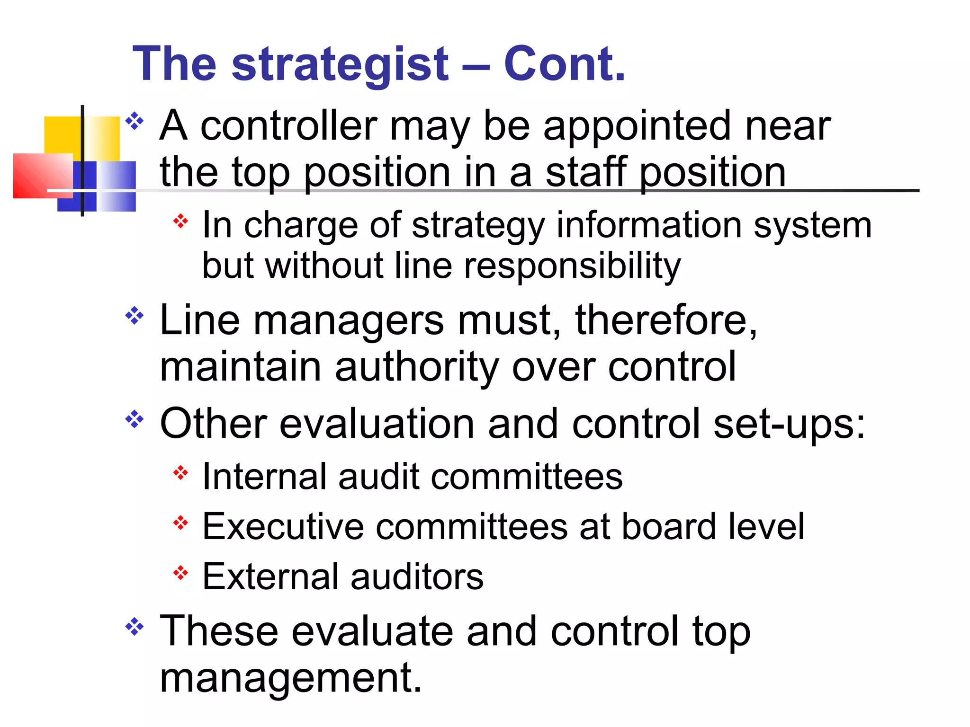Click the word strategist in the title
(340, 64)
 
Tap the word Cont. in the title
(564, 64)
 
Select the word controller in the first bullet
(289, 126)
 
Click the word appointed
(638, 127)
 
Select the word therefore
(665, 321)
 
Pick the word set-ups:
(789, 424)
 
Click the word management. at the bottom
(290, 678)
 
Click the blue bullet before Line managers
(135, 316)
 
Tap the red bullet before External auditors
(180, 573)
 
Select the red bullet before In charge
(180, 221)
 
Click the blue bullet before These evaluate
(135, 627)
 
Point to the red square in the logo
(42, 175)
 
